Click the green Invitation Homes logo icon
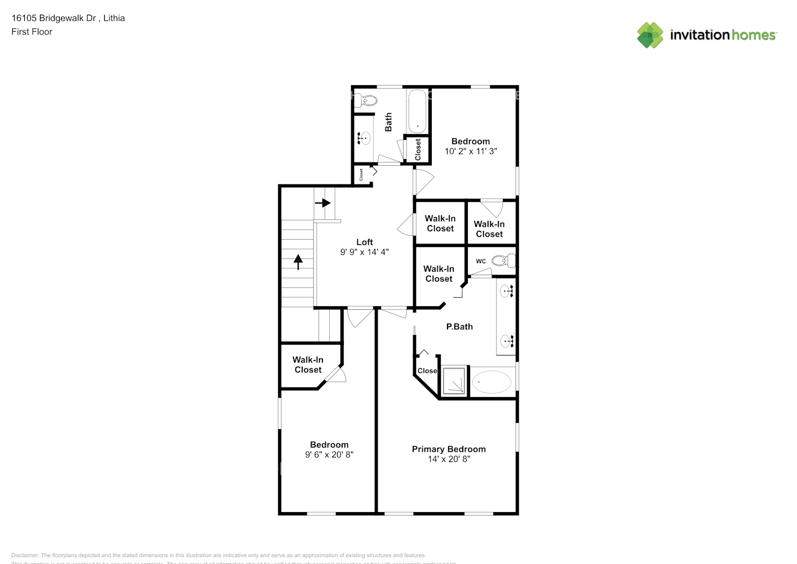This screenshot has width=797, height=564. (x=650, y=35)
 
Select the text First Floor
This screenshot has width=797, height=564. (x=32, y=32)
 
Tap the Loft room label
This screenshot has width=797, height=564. (x=365, y=242)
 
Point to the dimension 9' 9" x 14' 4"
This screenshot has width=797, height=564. (x=365, y=252)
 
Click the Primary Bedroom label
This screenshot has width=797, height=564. (x=449, y=449)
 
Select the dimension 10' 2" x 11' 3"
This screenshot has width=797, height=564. (x=471, y=151)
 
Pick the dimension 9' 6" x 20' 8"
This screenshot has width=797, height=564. (x=329, y=455)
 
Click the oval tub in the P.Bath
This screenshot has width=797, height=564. (x=491, y=382)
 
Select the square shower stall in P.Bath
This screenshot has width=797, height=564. (x=454, y=381)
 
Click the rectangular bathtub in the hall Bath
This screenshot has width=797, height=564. (x=417, y=111)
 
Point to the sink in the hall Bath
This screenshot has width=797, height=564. (x=364, y=137)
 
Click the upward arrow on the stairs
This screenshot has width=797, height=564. (x=298, y=262)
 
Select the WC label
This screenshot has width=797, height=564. (x=481, y=261)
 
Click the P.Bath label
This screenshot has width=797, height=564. (x=459, y=327)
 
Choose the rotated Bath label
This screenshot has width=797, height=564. (x=388, y=122)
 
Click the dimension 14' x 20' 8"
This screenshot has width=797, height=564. (x=449, y=459)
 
